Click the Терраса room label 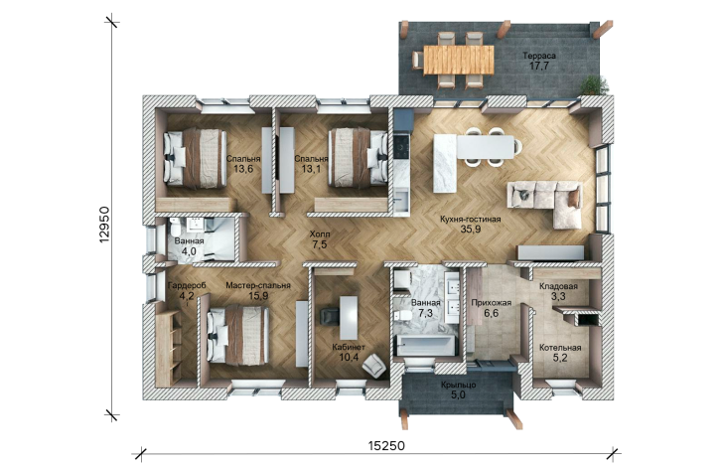tap(539, 56)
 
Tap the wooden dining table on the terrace tap(459, 60)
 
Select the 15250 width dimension tap(386, 445)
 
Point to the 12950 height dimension tap(104, 225)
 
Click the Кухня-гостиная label tap(471, 220)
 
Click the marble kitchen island tap(445, 163)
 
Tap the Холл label tap(320, 234)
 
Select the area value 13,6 tap(243, 169)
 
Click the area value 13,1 tap(311, 169)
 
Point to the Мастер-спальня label tap(258, 285)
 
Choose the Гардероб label tap(187, 285)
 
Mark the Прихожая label tap(491, 303)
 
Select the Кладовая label tap(558, 286)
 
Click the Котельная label tap(560, 348)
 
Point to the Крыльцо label tap(459, 385)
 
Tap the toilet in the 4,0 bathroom tap(175, 228)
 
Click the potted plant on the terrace tap(594, 86)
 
